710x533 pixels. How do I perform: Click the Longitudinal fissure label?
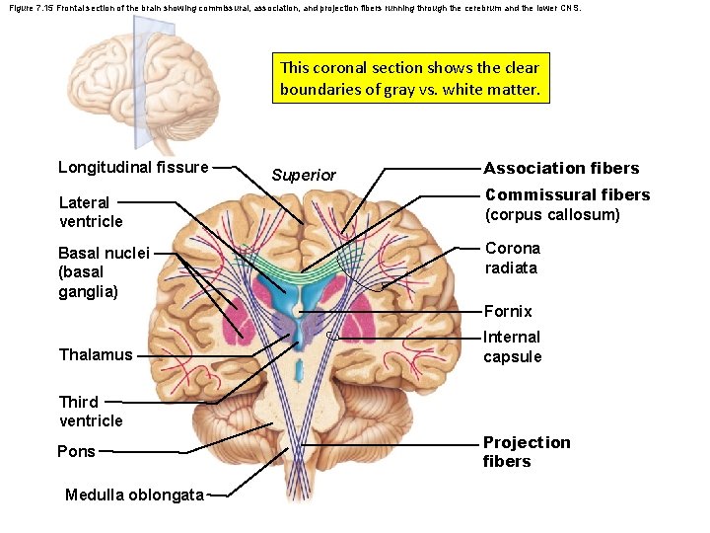coord(133,167)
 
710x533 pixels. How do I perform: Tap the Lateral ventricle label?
coord(91,211)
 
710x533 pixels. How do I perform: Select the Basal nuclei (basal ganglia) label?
coord(104,271)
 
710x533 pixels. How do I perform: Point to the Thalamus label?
coord(95,354)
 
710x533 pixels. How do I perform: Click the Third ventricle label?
coord(90,411)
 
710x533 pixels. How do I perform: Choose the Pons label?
coord(77,451)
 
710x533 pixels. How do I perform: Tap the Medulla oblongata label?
coord(134,495)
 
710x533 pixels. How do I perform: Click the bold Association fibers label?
coord(561,168)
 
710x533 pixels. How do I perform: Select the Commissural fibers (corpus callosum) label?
coord(567,204)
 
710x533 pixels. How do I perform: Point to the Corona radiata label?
coord(512,258)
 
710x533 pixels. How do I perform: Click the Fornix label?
coord(508,311)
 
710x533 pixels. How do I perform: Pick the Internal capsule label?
coord(512,346)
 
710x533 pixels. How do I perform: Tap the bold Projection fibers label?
coord(527,451)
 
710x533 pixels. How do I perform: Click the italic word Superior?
coord(304,175)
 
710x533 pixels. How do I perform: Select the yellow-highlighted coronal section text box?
coord(410,78)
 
